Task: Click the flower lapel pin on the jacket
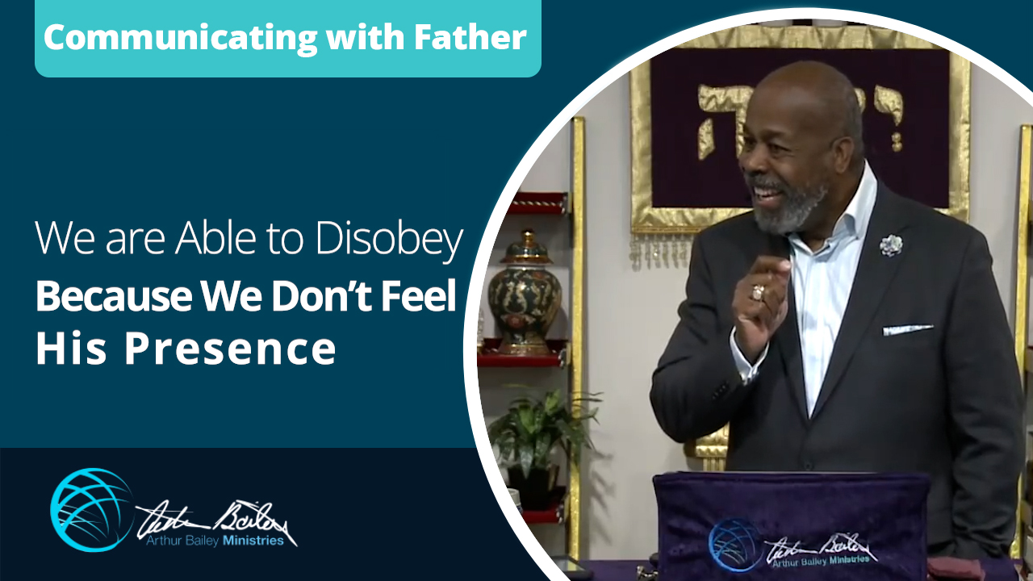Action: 890,245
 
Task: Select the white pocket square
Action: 907,329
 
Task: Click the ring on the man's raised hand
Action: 758,292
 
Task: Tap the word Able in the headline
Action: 208,240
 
